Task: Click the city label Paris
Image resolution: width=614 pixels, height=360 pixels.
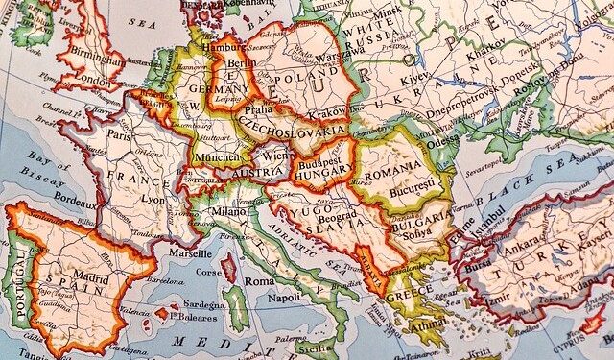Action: [x=120, y=135]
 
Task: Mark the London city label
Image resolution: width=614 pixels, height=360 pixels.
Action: [x=93, y=82]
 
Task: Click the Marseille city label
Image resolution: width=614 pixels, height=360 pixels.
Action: [x=191, y=253]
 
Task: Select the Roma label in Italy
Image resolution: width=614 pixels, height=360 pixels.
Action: [x=259, y=282]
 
